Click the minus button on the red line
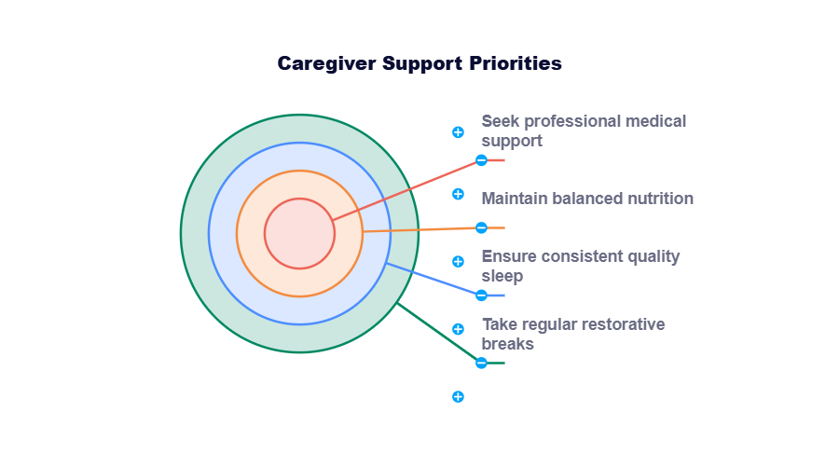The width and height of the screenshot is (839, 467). tap(481, 160)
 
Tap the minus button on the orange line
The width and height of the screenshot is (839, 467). tap(481, 227)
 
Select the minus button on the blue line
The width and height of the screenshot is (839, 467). tap(481, 295)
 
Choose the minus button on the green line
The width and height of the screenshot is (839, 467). tap(481, 363)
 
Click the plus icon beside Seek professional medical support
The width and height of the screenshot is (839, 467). tap(458, 132)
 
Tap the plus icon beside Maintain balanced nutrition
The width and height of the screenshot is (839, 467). tap(458, 194)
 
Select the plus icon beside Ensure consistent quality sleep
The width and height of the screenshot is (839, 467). tap(458, 261)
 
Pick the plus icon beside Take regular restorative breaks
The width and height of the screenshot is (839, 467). tap(458, 329)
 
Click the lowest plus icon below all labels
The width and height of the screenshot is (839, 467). tap(458, 396)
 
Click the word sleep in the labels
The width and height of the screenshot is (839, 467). tap(502, 276)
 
